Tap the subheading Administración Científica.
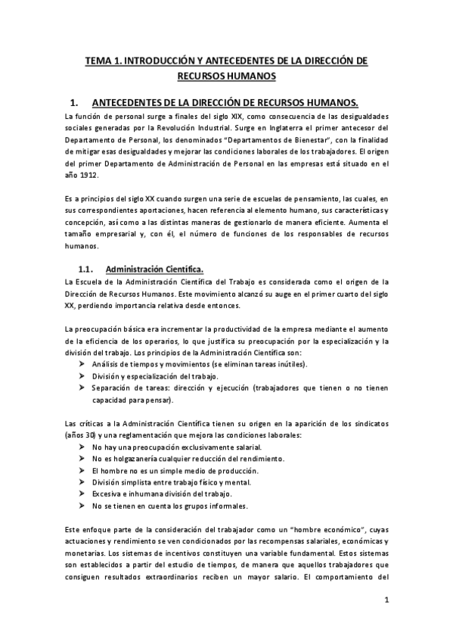154,268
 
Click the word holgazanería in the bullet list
133,459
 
